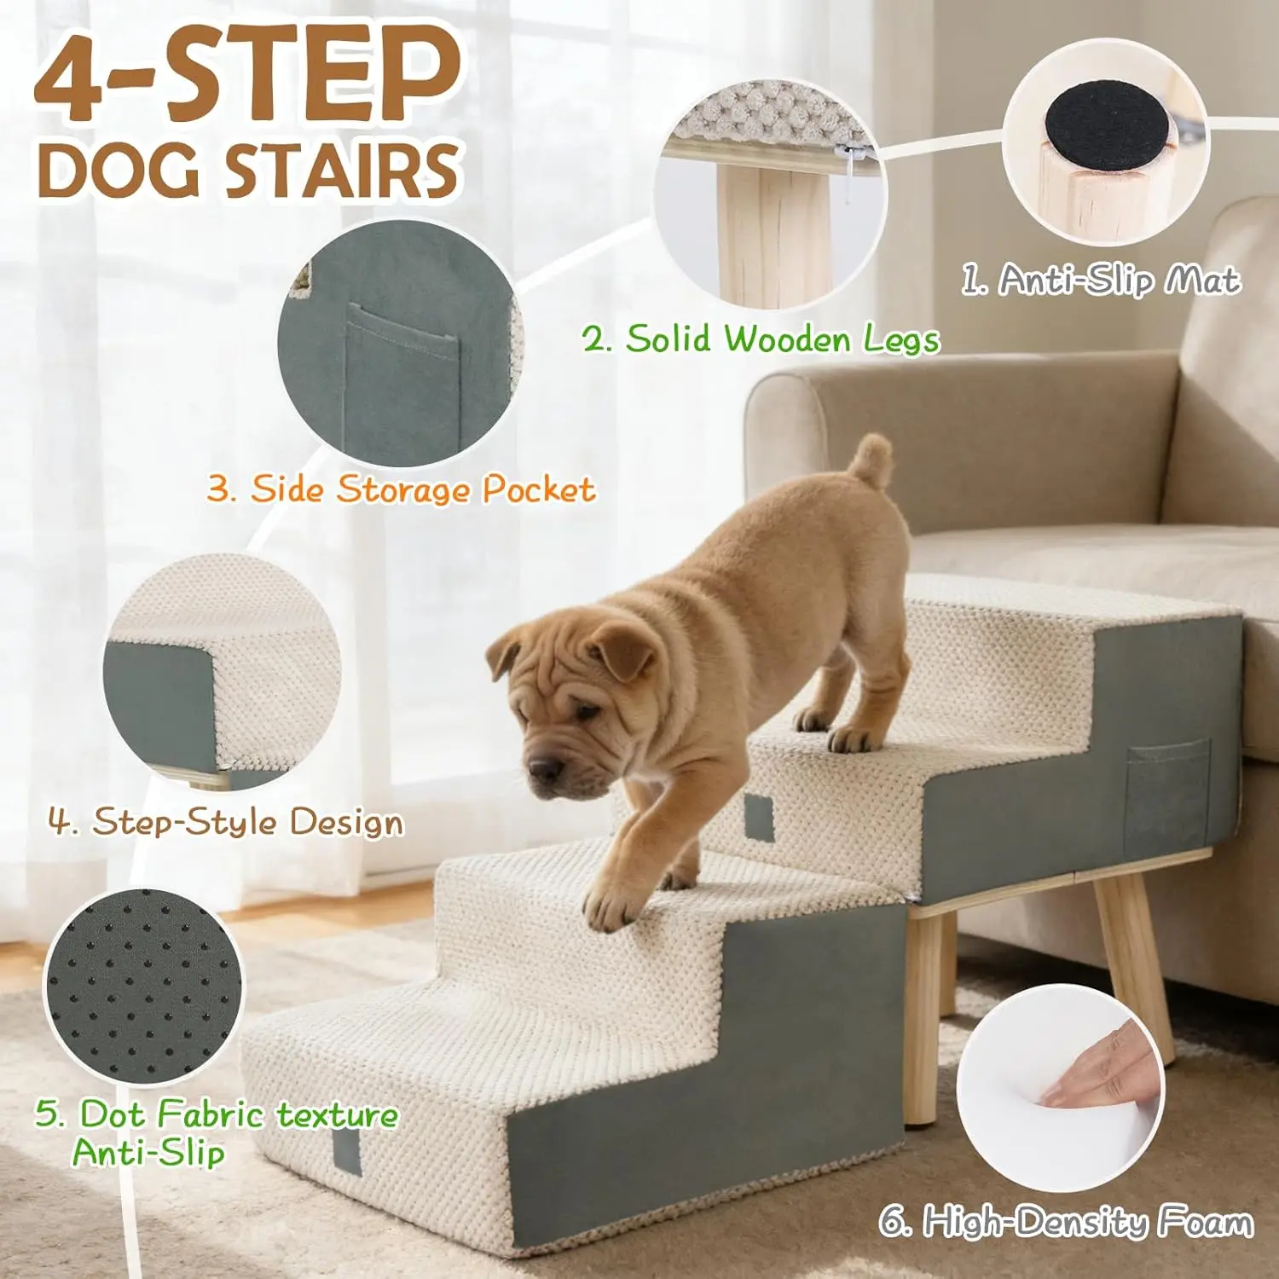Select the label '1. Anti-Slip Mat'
[1100, 279]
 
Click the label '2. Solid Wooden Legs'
[761, 339]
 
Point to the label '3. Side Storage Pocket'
[401, 489]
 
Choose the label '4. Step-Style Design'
[225, 821]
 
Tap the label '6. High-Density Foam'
[1067, 1221]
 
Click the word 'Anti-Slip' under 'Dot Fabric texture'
[148, 1152]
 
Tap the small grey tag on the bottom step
[346, 1151]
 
